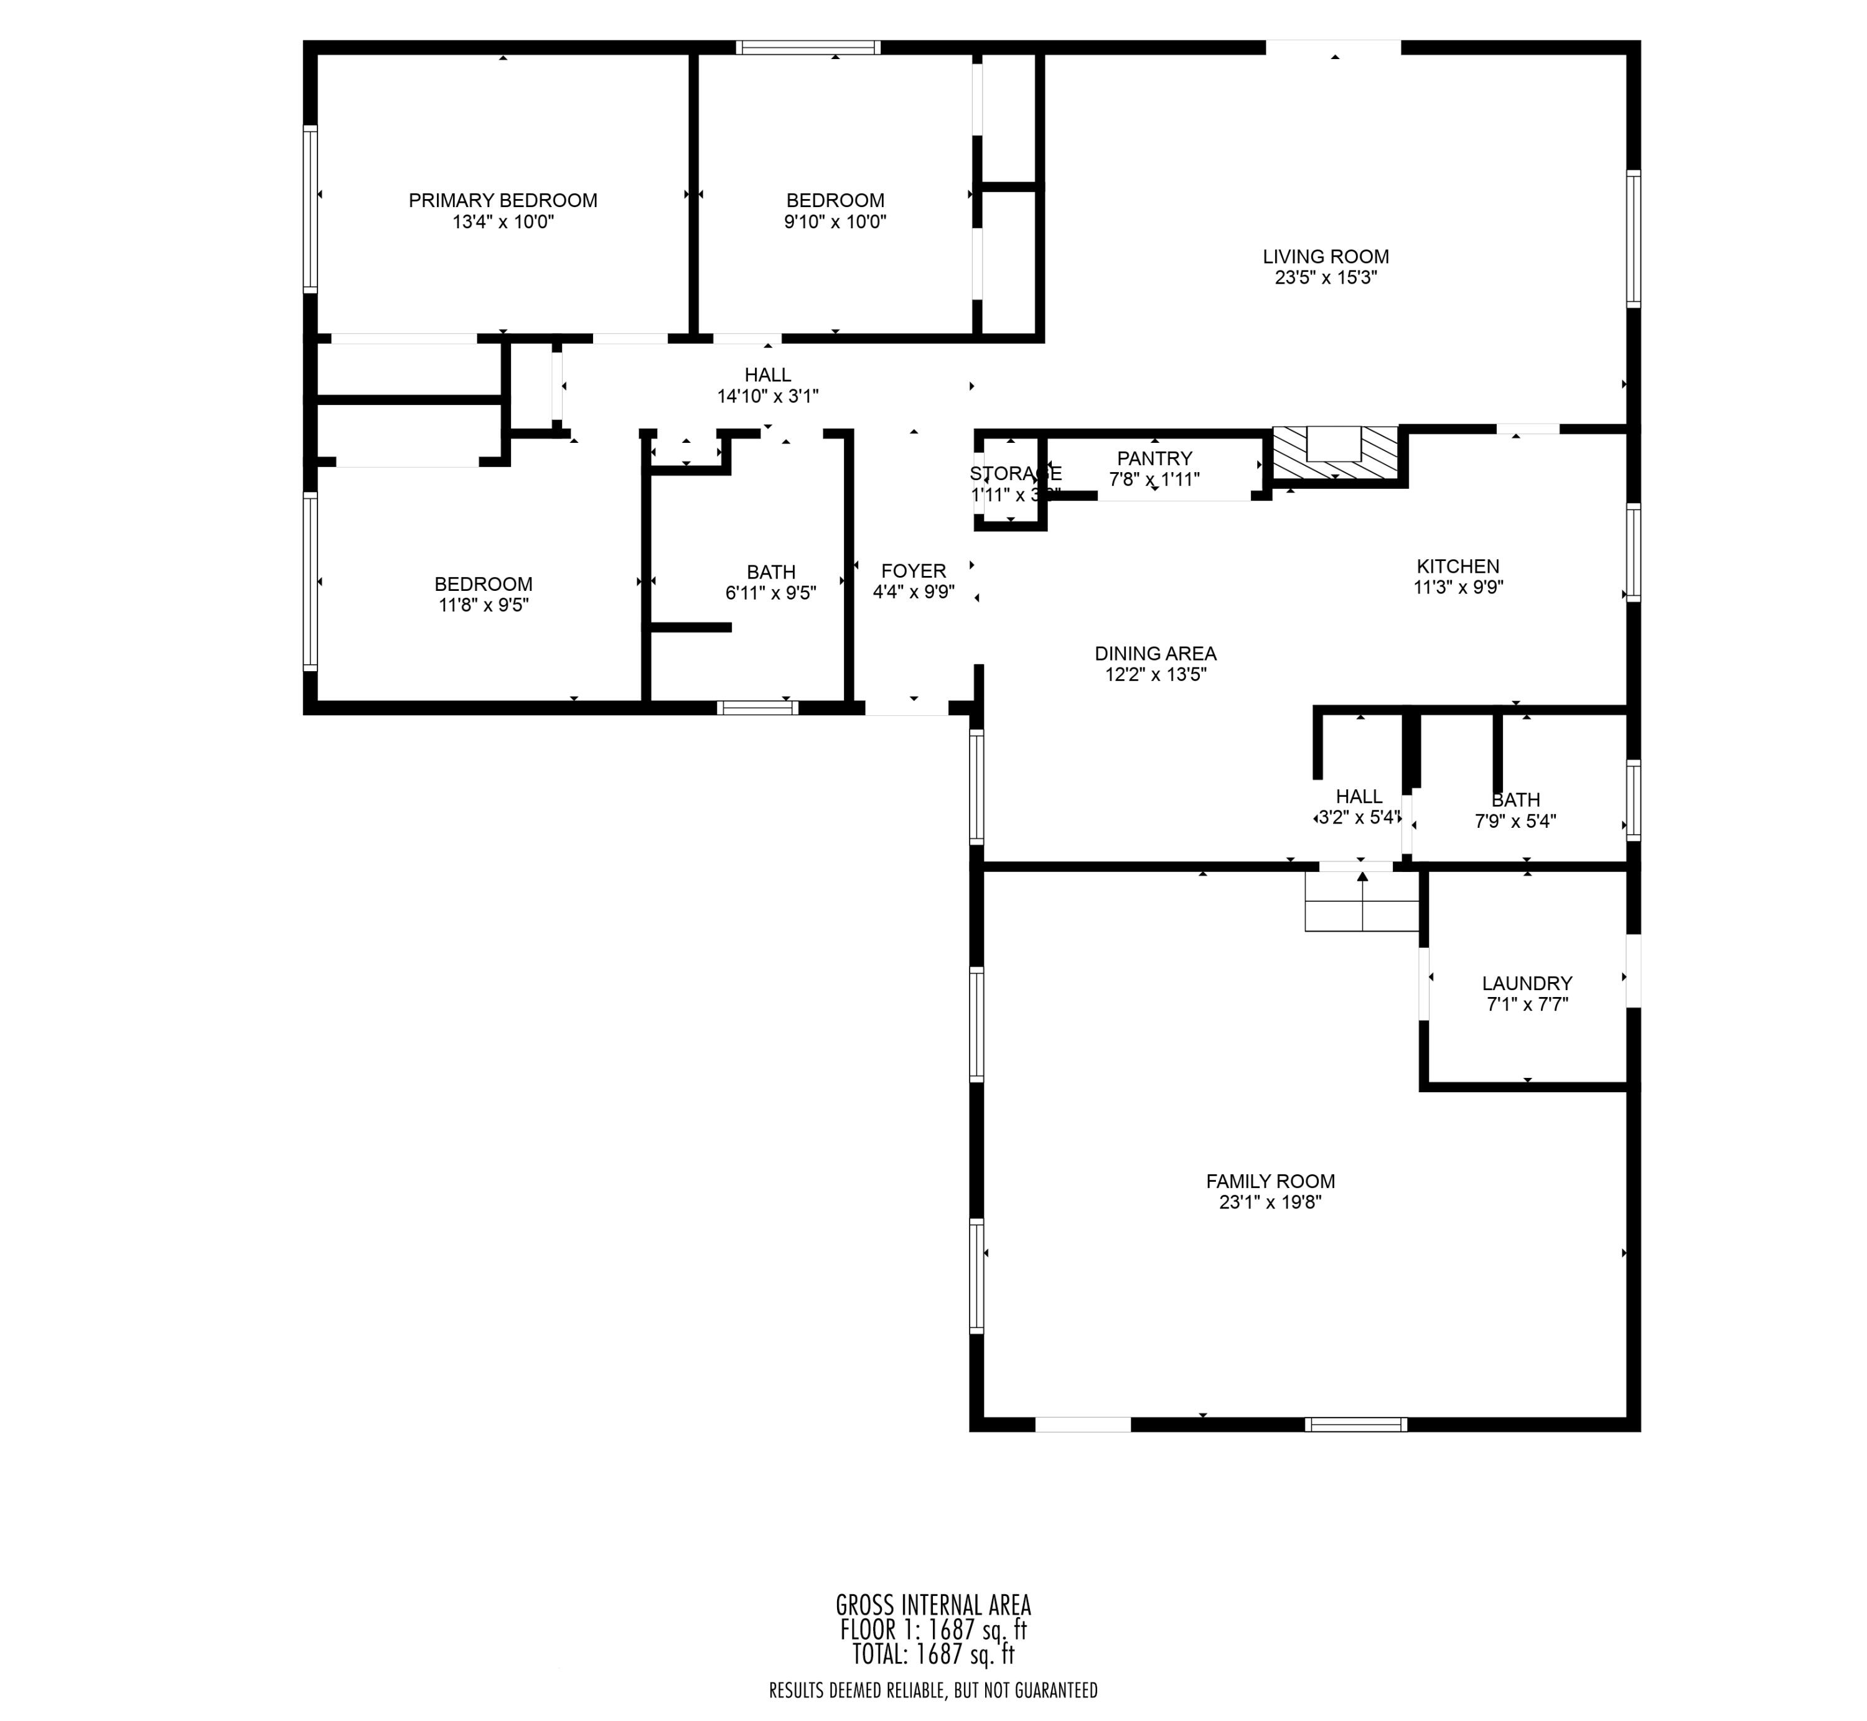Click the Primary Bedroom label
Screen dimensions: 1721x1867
pos(502,200)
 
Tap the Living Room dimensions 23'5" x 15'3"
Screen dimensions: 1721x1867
pos(1325,277)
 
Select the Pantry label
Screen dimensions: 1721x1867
pos(1154,458)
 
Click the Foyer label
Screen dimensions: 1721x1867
pos(913,571)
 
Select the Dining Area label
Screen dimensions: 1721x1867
pos(1155,654)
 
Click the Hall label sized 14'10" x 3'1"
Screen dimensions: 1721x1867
pos(768,374)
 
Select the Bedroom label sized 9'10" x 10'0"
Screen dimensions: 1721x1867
pos(835,200)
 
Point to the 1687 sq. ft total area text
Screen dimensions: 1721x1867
pos(933,1654)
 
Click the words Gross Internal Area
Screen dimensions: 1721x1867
pos(933,1605)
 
